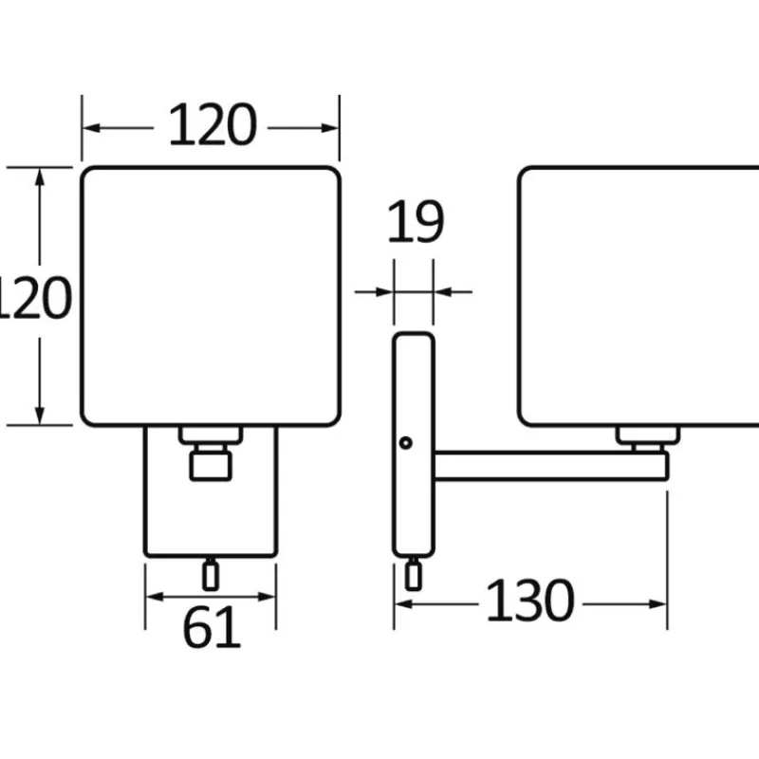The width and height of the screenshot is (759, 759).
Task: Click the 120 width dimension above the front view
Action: tap(212, 125)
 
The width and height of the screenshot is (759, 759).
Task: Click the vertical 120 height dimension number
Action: tap(35, 297)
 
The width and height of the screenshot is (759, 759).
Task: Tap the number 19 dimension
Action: tap(416, 221)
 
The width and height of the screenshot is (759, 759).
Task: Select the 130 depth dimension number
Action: tap(530, 601)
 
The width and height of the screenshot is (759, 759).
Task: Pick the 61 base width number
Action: tap(212, 627)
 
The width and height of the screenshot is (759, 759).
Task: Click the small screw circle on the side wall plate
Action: tap(406, 442)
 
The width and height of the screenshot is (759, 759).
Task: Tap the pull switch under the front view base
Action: tap(210, 575)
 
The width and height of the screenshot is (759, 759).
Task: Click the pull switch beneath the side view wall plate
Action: tap(413, 575)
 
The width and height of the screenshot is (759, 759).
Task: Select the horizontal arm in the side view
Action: tap(551, 466)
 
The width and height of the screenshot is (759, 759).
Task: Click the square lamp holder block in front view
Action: tap(211, 466)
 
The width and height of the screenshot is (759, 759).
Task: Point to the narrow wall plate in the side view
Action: tap(414, 445)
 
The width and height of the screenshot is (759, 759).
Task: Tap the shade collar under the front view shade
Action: tap(211, 435)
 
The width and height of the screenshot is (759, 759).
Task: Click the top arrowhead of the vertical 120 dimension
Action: tap(40, 177)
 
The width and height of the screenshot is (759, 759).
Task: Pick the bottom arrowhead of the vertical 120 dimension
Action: tap(40, 416)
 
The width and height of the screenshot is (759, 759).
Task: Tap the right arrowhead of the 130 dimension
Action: tap(657, 604)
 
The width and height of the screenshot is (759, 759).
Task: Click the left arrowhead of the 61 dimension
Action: tap(155, 597)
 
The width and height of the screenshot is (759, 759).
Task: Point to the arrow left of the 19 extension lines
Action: tap(373, 292)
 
